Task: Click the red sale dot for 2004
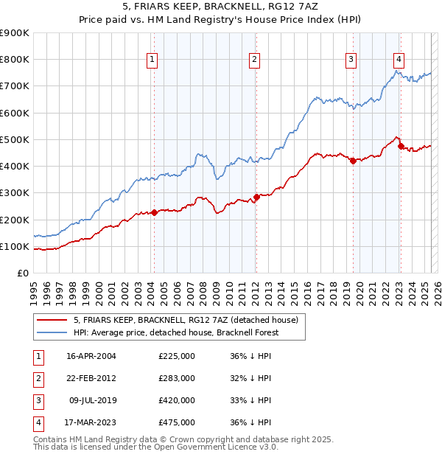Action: click(x=154, y=213)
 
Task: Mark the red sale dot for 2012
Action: click(x=256, y=198)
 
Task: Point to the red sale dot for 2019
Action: click(x=353, y=161)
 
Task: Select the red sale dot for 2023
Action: click(x=401, y=146)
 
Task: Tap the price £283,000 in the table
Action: click(x=177, y=378)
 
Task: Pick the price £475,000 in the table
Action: click(x=177, y=422)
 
